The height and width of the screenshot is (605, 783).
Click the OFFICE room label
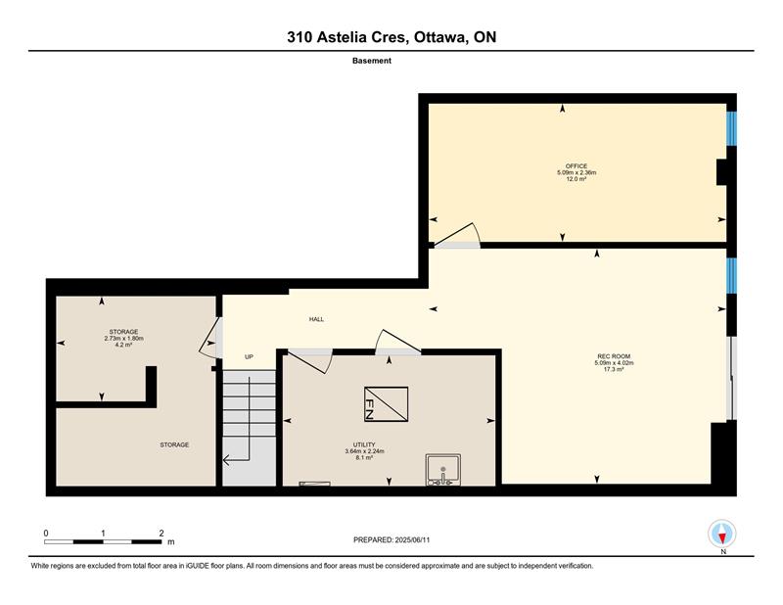point(576,165)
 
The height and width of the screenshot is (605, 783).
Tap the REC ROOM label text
point(614,356)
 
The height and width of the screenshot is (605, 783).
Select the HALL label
point(316,319)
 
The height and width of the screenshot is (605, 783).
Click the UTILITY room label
point(364,444)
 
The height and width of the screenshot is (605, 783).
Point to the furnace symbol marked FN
point(386,404)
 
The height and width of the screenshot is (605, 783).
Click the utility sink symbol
point(443,469)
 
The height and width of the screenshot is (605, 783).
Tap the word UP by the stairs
point(250,356)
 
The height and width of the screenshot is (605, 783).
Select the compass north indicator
point(721,534)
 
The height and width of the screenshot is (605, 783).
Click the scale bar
point(103,541)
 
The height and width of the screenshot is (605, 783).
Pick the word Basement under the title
point(372,61)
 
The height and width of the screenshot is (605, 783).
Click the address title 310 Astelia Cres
point(348,37)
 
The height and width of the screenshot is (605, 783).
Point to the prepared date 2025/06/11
point(412,539)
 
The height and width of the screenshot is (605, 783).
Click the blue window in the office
point(731,128)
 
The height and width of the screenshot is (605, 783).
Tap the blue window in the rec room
point(731,275)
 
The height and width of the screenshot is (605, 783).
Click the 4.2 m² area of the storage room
point(124,345)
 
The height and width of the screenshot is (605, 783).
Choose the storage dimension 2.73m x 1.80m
point(124,338)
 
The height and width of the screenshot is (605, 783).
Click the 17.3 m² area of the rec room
point(614,369)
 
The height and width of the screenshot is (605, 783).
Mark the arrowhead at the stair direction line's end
point(226,460)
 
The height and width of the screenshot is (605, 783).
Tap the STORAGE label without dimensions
point(174,444)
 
